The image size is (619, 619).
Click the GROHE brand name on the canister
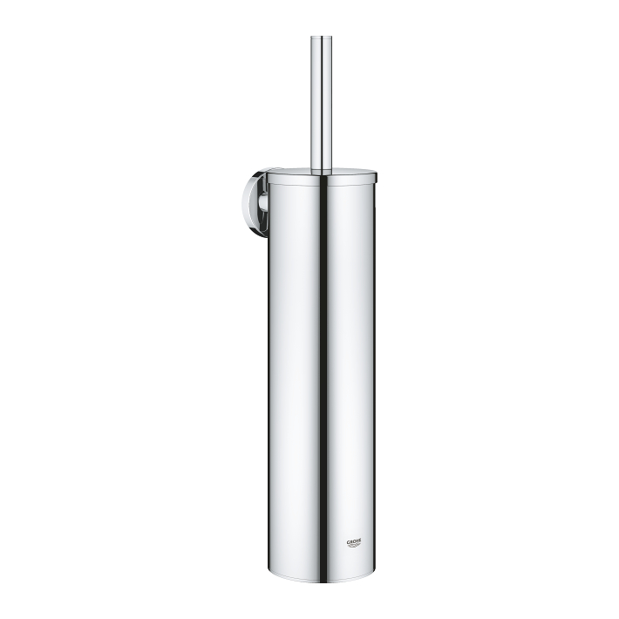tap(355, 541)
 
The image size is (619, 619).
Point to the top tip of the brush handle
tap(322, 37)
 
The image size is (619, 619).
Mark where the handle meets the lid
tap(322, 169)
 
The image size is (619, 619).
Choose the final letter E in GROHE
tap(361, 541)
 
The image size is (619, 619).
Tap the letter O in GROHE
tap(355, 541)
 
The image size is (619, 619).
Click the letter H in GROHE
tap(358, 541)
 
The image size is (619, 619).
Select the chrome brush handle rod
tap(322, 96)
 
